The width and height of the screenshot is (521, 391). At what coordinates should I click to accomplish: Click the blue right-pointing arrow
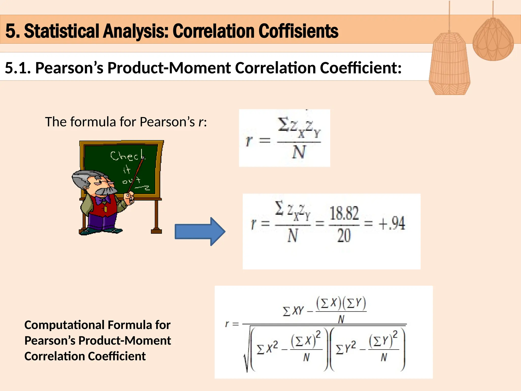[200, 231]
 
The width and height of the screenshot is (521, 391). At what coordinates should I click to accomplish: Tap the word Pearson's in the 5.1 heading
[69, 68]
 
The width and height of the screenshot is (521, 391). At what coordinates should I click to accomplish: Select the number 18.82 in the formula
[344, 213]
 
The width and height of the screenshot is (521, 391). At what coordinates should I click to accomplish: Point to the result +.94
[392, 224]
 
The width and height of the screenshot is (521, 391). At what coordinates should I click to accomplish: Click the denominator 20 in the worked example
[344, 236]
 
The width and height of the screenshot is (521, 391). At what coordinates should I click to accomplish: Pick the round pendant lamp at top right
[493, 39]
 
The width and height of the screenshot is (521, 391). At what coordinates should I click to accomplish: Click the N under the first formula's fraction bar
[299, 152]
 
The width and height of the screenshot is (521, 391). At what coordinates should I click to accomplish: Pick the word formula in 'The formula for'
[93, 122]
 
